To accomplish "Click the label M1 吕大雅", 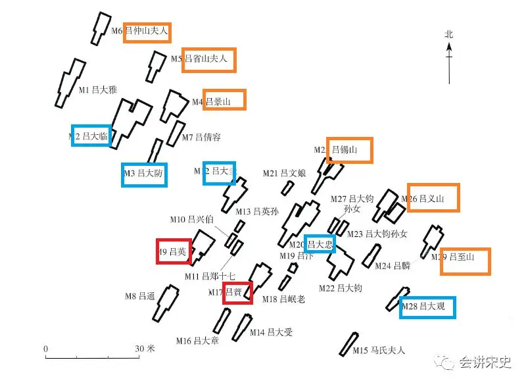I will tap(98, 90).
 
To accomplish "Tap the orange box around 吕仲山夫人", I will tap(147, 31).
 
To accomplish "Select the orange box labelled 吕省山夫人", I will tap(209, 59).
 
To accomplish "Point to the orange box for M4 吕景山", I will tap(224, 100).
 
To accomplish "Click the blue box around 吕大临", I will tap(91, 136).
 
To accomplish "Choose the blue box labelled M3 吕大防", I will tap(144, 174).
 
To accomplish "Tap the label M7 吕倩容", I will tap(201, 138).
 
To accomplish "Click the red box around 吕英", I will tap(174, 251).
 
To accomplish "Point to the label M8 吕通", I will tap(139, 296).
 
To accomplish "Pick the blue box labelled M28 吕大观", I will tap(427, 307).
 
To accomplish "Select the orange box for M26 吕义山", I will tap(433, 197).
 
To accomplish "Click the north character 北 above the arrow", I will tap(449, 34).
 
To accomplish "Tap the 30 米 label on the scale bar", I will tap(145, 348).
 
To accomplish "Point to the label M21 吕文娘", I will tap(284, 174).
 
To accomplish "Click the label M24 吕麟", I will tap(392, 266).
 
